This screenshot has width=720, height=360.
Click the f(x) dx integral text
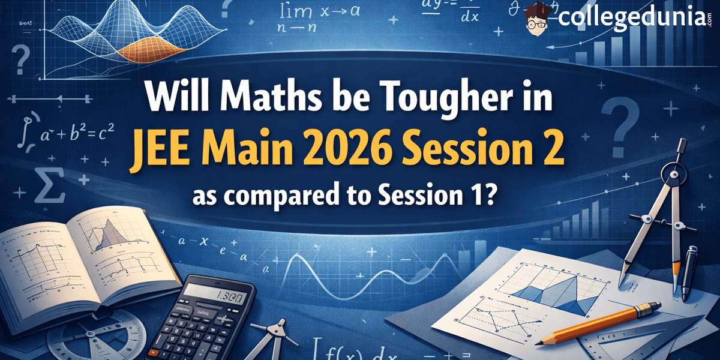tap(351, 347)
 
